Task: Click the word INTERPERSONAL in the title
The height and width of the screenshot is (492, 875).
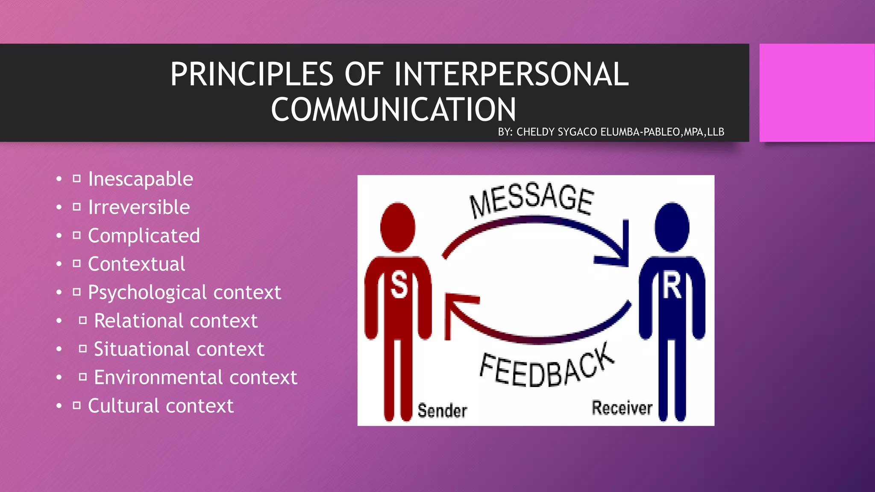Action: point(511,74)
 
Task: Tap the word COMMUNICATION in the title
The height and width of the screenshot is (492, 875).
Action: point(393,109)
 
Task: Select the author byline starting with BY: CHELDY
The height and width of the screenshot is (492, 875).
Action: point(611,132)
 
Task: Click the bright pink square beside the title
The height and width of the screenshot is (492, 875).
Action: point(816,93)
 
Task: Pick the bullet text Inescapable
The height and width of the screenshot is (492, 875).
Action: point(141,179)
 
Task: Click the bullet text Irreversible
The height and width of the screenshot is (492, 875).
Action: point(139,207)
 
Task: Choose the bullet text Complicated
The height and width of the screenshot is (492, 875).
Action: point(144,236)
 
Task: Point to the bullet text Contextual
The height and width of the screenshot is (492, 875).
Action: point(136,264)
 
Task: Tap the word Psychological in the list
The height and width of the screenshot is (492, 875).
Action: point(147,293)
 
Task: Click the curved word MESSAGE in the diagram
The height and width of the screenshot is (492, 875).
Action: point(531,199)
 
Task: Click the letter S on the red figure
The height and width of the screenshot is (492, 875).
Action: point(399,285)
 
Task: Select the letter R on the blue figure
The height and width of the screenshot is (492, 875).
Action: point(672,286)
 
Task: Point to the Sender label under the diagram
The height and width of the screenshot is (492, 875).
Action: point(442,411)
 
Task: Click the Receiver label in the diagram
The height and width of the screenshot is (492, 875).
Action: point(622,408)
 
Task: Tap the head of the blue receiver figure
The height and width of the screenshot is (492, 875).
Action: point(672,227)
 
